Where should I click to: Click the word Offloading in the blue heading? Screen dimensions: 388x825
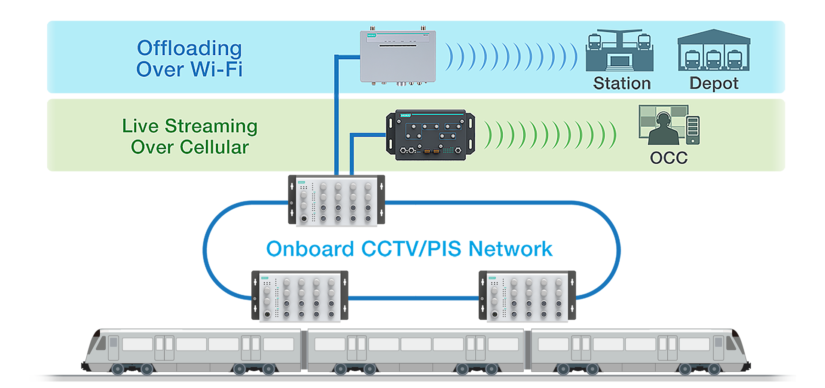tap(189, 48)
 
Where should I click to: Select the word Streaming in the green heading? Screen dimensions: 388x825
tap(211, 126)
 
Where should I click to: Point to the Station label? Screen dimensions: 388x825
tap(622, 83)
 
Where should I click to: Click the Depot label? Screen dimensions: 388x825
tap(714, 83)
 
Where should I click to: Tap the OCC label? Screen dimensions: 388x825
tap(669, 158)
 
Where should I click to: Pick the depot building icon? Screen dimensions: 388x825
tap(714, 51)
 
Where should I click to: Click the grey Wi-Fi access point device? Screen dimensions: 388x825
tap(398, 56)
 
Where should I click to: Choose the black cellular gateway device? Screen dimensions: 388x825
tap(431, 135)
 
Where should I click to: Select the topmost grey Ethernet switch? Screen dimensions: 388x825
tap(336, 200)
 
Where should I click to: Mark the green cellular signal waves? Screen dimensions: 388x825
tap(550, 135)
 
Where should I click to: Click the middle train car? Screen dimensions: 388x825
tap(416, 350)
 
